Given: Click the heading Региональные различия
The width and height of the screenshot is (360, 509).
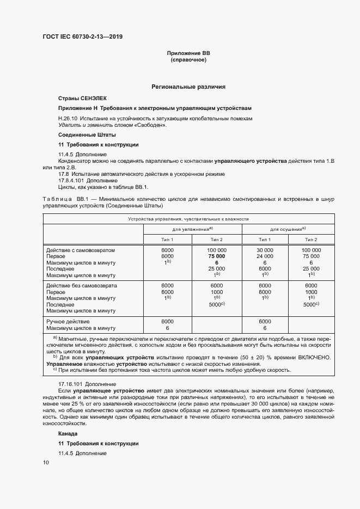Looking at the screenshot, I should click(188, 87).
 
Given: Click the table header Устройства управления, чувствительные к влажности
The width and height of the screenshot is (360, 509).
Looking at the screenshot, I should click(188, 218).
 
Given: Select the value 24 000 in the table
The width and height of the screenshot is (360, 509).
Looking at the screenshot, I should click(265, 256).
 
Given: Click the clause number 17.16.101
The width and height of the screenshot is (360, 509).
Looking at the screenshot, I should click(71, 384).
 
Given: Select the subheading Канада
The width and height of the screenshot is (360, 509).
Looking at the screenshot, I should click(68, 434).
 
